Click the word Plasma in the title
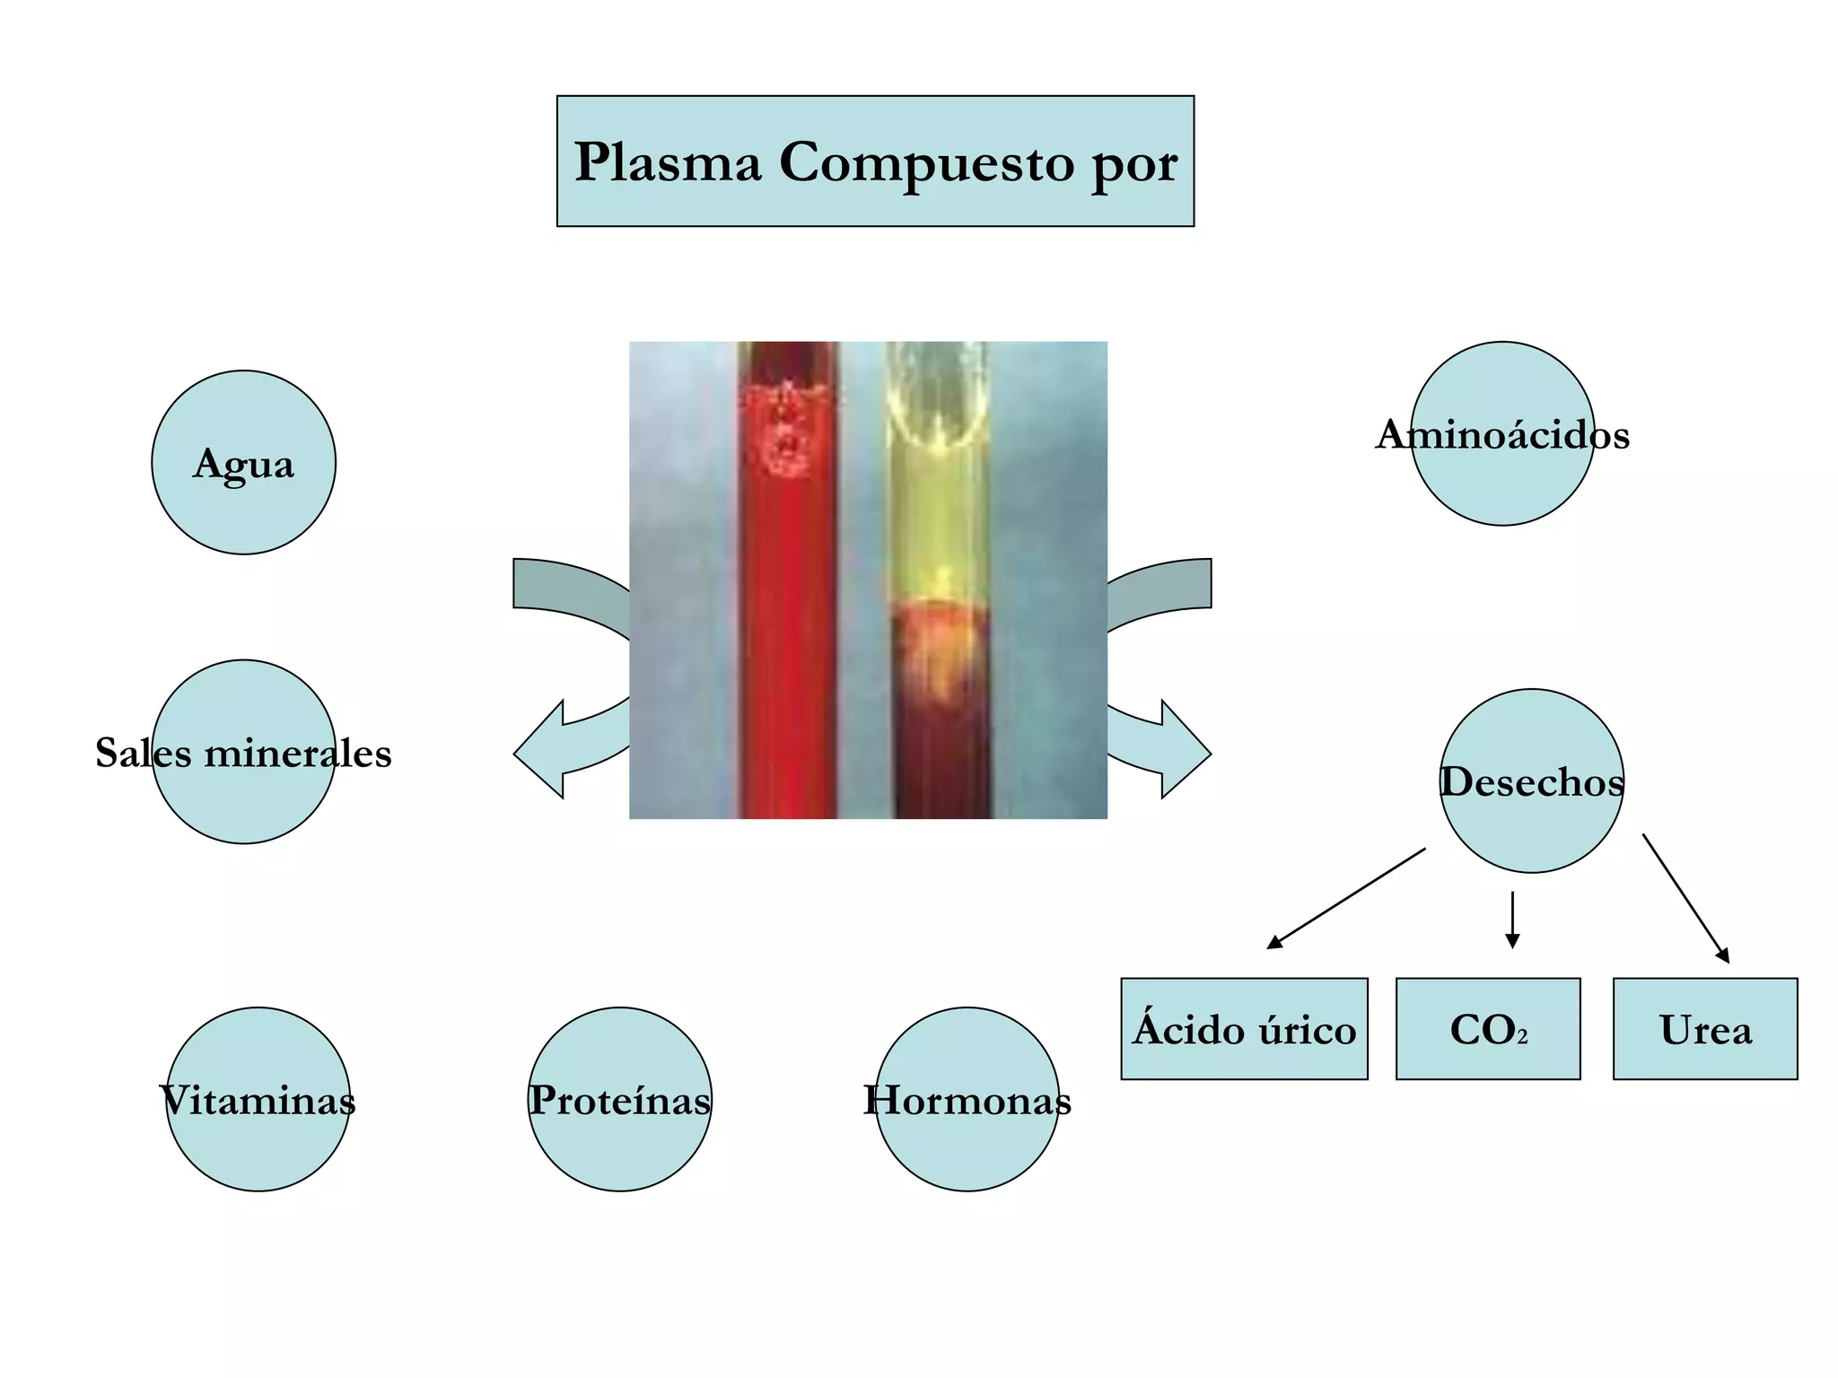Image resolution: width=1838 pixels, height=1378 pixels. click(668, 162)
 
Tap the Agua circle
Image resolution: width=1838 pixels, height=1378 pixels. click(243, 463)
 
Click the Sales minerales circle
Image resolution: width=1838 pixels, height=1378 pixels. click(243, 752)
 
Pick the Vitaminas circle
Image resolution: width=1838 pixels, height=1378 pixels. click(258, 1099)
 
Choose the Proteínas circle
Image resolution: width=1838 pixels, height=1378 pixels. click(619, 1099)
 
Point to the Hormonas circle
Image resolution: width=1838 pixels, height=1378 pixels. click(967, 1099)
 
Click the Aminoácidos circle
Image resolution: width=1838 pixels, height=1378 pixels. click(1502, 434)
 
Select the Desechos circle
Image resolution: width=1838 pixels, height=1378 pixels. click(1531, 781)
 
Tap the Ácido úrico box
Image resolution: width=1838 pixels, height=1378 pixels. click(1244, 1029)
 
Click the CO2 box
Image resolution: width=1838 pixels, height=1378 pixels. click(1488, 1029)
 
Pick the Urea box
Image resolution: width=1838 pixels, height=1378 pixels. click(1705, 1029)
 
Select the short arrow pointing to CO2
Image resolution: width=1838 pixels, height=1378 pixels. click(1512, 920)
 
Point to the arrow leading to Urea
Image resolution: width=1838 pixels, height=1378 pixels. click(1685, 898)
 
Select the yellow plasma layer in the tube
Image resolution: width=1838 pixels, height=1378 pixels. click(939, 520)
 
